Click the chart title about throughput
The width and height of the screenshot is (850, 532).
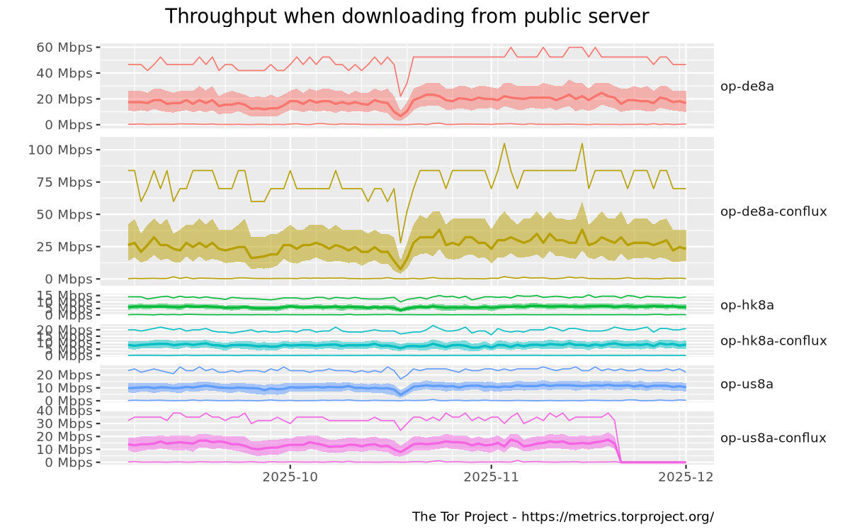coord(407,17)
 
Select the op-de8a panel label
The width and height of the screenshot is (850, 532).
coord(747,87)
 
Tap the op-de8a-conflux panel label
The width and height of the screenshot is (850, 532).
coord(773,212)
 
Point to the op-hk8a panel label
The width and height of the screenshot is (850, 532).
coord(747,306)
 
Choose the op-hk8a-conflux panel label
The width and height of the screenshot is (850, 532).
coord(773,341)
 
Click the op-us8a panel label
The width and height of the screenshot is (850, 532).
coord(747,384)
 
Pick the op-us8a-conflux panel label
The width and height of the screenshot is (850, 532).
coord(773,438)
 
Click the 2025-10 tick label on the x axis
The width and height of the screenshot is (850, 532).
coord(290,477)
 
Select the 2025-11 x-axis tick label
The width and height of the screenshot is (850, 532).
coord(491,477)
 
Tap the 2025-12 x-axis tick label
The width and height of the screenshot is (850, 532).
coord(686,477)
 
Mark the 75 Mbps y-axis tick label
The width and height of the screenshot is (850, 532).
coord(66,182)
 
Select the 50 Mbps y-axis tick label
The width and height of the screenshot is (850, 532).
coord(66,214)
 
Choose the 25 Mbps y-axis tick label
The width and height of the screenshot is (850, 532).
coord(66,247)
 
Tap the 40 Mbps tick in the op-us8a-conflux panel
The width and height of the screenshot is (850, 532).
coord(66,411)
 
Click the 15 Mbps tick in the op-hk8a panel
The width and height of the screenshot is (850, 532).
coord(66,295)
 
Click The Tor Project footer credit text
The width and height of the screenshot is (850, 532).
coord(562,516)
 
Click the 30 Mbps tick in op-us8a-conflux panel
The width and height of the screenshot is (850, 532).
coord(66,423)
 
